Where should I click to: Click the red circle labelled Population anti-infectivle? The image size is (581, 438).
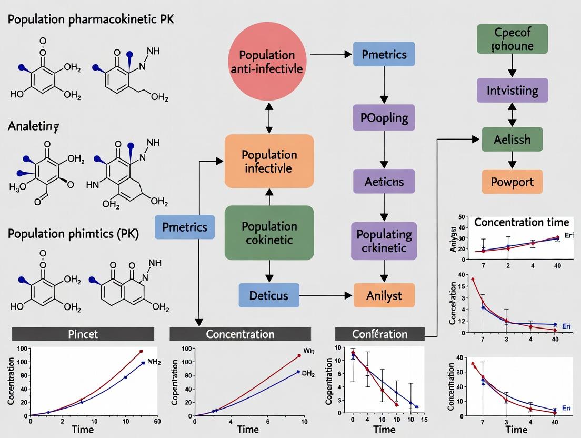[267, 62]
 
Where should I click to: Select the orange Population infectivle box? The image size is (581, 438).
[269, 162]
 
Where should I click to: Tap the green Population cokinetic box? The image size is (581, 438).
[269, 233]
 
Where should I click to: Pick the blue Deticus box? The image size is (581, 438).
[269, 295]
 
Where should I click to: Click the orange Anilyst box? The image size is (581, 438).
[384, 295]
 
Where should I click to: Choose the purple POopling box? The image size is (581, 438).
[384, 117]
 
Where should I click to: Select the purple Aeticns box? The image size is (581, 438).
[384, 182]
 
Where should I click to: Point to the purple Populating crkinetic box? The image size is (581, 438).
[384, 241]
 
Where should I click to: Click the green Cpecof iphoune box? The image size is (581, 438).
[512, 38]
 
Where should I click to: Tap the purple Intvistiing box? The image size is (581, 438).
[512, 91]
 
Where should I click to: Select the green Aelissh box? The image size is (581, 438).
[512, 139]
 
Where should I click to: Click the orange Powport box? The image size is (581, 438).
[512, 182]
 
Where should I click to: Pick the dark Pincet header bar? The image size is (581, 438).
[83, 334]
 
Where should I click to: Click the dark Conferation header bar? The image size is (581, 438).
[379, 334]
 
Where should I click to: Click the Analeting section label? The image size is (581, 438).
[33, 126]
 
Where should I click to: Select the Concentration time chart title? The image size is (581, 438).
[521, 222]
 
